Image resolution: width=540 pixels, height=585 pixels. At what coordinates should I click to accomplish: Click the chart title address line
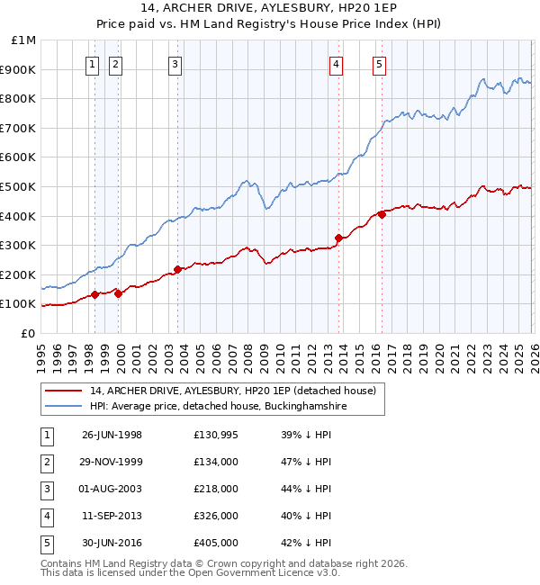click(270, 10)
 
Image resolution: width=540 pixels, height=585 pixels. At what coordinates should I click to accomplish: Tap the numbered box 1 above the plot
click(94, 64)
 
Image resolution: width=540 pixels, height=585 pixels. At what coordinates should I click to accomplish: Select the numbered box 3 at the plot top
click(175, 64)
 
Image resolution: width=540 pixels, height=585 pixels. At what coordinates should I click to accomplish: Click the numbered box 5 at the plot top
click(379, 64)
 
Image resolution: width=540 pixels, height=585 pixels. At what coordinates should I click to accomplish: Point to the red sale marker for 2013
click(338, 238)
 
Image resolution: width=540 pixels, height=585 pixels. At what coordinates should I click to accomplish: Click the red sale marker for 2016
click(382, 214)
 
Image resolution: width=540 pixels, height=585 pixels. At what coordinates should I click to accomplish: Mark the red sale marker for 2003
click(177, 269)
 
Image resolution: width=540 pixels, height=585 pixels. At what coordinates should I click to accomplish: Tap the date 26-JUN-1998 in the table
click(112, 435)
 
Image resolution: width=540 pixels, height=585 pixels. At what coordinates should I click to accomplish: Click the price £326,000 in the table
click(215, 516)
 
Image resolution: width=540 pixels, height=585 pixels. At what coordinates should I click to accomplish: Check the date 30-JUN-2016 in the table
click(112, 543)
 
